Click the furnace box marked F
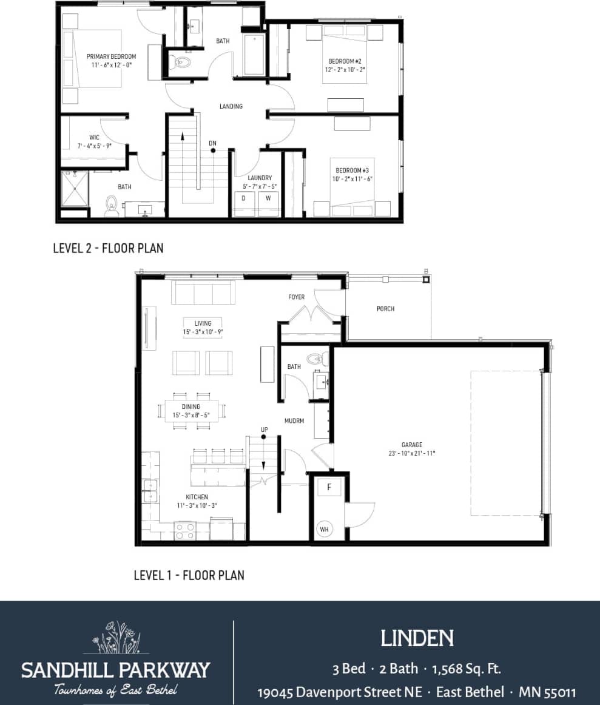329,487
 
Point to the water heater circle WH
325,529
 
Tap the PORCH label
385,309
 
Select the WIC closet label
94,137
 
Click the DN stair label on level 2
212,143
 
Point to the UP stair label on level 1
264,430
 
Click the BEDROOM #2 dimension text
345,70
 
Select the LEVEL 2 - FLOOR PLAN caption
108,248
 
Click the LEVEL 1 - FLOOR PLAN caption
189,575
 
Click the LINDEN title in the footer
417,638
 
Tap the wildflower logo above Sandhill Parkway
116,638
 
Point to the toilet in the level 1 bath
317,359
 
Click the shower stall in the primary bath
75,189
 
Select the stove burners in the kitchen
184,531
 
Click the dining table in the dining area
191,411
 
